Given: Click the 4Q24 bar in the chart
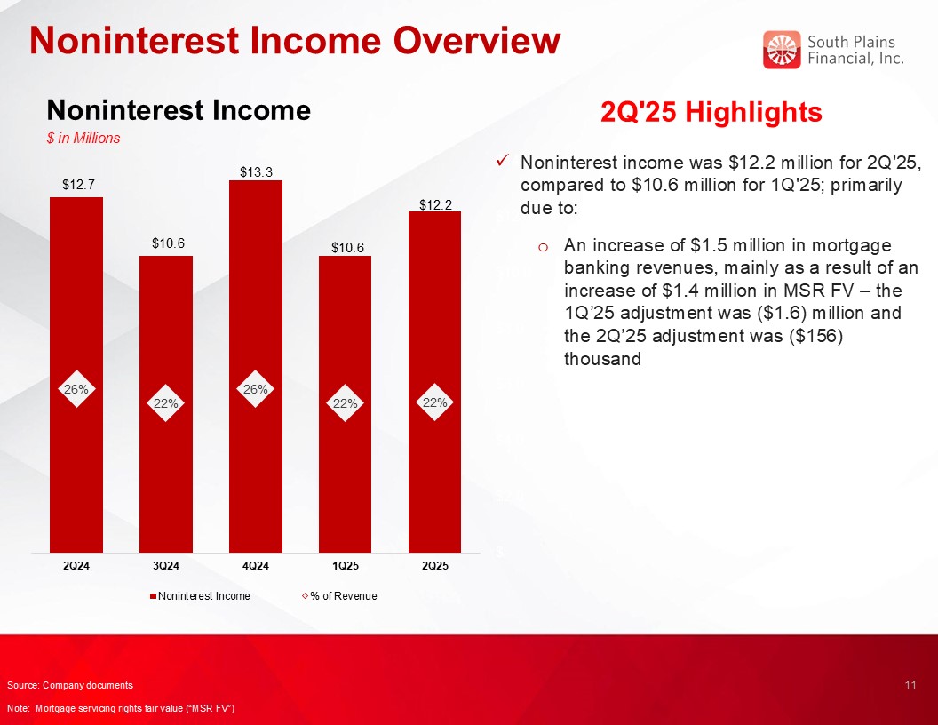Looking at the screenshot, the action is pos(256,366).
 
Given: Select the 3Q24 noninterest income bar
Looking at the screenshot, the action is pos(166,404).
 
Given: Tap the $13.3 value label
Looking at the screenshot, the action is pos(256,172).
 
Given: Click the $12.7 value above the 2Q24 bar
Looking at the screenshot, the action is pos(78,184).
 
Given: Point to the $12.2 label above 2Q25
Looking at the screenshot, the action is pos(435,205).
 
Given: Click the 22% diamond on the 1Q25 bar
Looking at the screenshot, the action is pos(346,403).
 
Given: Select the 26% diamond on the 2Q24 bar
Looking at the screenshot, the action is pos(76,389).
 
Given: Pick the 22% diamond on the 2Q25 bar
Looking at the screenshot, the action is pos(435,402).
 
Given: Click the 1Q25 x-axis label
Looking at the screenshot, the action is pos(346,566).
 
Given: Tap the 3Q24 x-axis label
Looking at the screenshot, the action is pos(166,566).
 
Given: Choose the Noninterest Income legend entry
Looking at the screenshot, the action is pos(200,596).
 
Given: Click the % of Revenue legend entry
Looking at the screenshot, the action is pos(340,596).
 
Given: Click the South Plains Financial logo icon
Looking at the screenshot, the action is pos(782,50).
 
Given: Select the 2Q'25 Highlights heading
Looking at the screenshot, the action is pos(711,112).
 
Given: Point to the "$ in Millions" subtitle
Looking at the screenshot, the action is pos(83,139).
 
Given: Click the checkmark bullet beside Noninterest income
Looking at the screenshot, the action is pos(503,161).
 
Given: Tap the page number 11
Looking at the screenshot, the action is pos(910,685).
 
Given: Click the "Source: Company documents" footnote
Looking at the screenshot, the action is pos(70,685).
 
